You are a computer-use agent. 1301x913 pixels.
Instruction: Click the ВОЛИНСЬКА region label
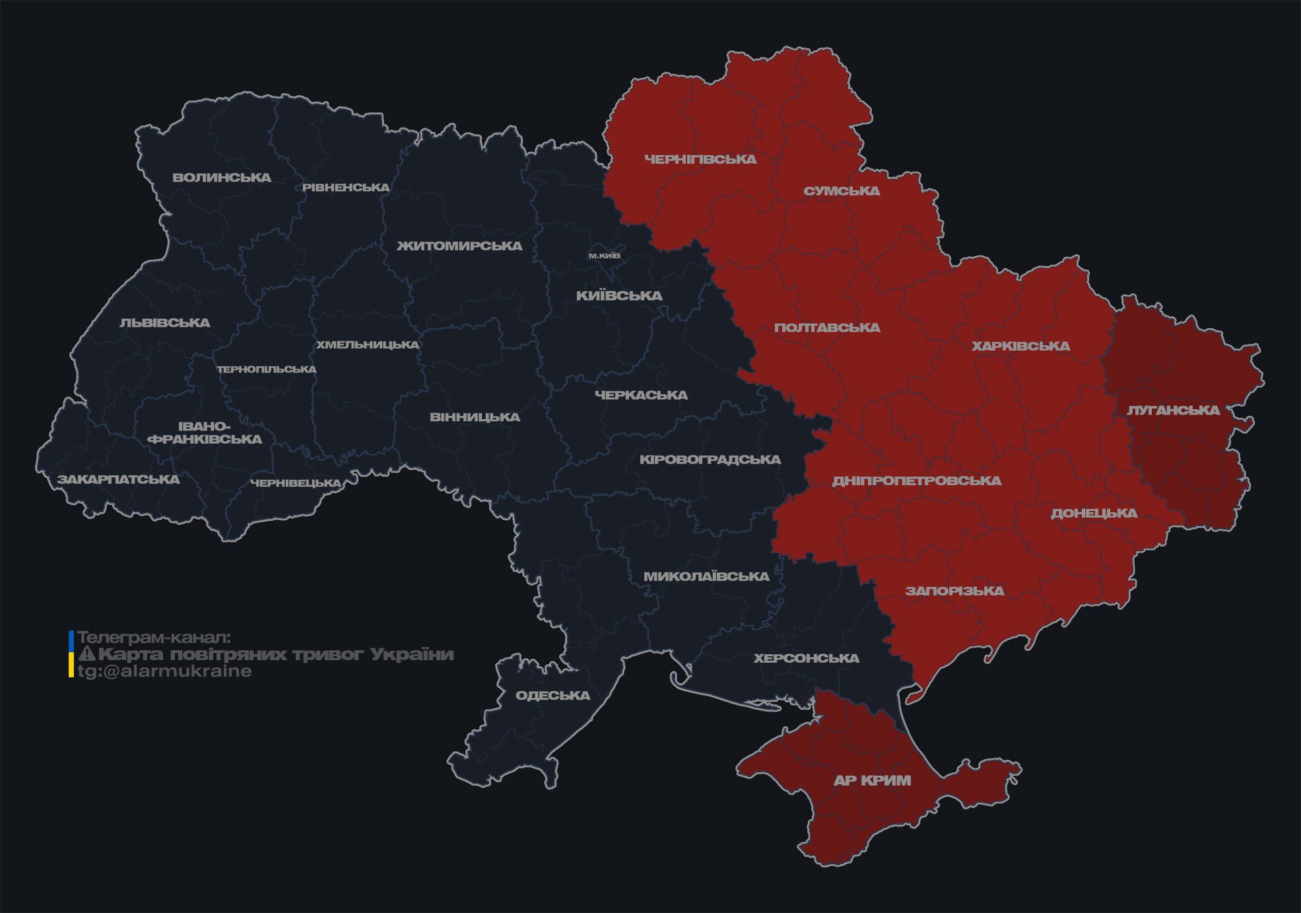coord(222,178)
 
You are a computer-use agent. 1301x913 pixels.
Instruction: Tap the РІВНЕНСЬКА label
coord(346,187)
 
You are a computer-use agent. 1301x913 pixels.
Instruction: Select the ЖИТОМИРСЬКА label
coord(459,246)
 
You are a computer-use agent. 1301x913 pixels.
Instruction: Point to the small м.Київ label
coord(605,255)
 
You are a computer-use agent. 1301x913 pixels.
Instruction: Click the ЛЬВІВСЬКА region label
coord(165,323)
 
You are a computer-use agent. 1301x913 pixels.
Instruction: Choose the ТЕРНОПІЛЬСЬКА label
coord(267,370)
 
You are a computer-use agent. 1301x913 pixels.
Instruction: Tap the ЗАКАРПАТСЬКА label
coord(118,479)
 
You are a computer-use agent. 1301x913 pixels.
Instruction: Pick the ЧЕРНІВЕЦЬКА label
coord(296,483)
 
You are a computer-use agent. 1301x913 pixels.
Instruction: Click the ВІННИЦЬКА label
coord(475,417)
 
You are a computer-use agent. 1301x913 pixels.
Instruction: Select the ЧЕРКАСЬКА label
coord(641,395)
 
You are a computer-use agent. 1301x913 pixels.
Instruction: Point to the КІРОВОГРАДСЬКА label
coord(710,459)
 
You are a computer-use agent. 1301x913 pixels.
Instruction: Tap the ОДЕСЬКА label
coord(552,696)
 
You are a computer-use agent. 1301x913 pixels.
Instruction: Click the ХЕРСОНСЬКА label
coord(806,659)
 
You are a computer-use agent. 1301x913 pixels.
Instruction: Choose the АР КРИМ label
coord(872,781)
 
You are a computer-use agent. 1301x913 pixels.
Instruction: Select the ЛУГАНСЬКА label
coord(1173,411)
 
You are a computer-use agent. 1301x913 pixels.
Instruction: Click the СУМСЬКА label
coord(842,191)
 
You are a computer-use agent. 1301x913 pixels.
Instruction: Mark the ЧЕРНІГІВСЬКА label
coord(700,160)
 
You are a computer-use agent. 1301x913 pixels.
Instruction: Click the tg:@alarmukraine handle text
coord(164,671)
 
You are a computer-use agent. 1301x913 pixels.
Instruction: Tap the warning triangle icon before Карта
coord(86,655)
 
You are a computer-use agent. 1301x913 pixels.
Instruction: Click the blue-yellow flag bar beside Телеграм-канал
coord(71,654)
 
